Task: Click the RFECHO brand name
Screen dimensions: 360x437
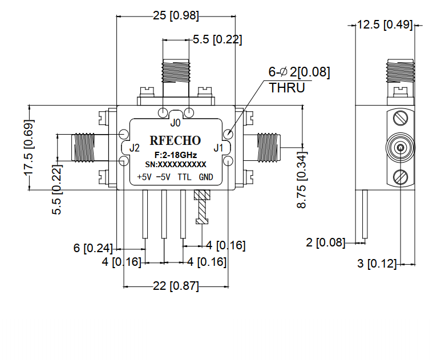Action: point(175,141)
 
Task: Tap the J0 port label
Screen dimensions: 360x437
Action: point(175,122)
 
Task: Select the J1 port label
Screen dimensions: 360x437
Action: point(217,148)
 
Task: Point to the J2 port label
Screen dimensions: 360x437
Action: point(135,148)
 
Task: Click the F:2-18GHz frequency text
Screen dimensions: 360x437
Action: point(175,155)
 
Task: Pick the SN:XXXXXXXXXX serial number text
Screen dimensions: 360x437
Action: point(175,164)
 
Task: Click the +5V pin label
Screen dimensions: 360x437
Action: point(144,177)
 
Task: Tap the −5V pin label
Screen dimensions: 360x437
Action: point(164,177)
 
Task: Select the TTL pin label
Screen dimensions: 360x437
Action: point(184,177)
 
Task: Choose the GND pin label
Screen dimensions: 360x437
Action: point(206,177)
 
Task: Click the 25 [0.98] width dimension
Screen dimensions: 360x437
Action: point(175,16)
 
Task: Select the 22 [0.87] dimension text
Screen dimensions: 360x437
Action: point(175,286)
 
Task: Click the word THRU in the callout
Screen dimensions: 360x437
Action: point(286,88)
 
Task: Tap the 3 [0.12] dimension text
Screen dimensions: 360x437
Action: point(375,264)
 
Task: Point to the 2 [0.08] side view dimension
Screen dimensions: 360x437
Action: point(326,242)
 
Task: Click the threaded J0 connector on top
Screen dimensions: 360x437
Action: point(176,71)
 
